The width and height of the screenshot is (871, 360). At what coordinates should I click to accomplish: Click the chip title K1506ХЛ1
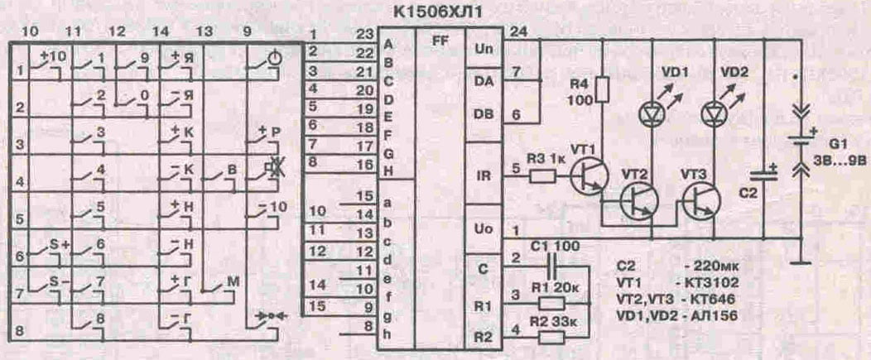click(431, 13)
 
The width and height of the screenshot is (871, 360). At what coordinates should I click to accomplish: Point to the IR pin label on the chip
click(484, 175)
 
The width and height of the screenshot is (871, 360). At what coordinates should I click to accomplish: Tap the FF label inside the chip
click(440, 38)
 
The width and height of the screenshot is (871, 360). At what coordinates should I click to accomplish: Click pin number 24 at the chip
click(519, 32)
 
